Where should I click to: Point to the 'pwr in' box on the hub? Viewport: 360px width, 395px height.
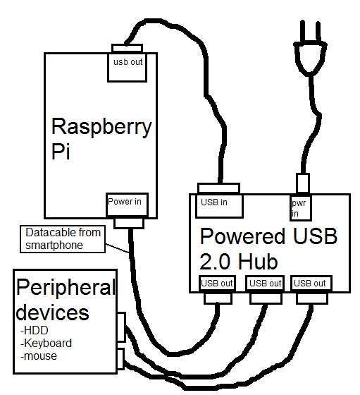point(301,207)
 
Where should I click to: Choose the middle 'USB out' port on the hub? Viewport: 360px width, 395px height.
point(264,284)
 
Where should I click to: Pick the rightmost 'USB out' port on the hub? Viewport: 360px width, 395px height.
point(311,284)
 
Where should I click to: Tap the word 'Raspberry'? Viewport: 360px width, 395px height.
point(101,127)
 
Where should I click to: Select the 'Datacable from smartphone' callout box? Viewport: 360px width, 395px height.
point(63,238)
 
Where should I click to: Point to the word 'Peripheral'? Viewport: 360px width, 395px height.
point(65,288)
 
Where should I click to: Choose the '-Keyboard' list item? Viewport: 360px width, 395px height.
point(46,344)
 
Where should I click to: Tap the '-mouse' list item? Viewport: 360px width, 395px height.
point(39,356)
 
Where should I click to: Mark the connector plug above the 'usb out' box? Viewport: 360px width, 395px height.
point(127,48)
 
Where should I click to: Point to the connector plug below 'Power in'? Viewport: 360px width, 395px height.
point(128,222)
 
